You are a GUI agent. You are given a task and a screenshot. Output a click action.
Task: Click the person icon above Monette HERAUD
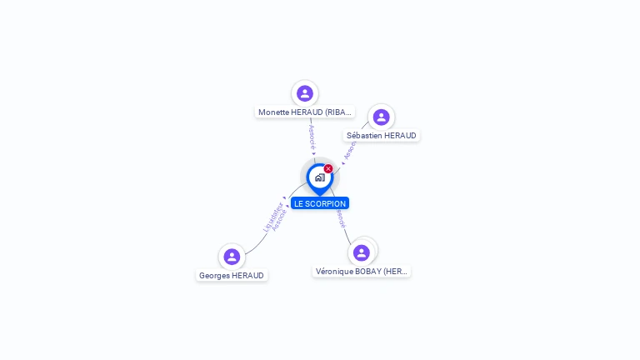tap(305, 93)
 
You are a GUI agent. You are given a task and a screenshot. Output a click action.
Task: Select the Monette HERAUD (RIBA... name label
tap(305, 112)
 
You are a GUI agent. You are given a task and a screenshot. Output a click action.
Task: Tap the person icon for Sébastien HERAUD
tap(381, 117)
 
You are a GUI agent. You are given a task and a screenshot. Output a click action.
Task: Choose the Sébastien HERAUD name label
tap(381, 136)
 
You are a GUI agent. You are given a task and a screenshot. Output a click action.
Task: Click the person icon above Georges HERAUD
tap(232, 257)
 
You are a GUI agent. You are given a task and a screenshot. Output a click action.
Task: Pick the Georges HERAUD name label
tap(232, 276)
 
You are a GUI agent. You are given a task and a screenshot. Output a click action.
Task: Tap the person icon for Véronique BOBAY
tap(362, 252)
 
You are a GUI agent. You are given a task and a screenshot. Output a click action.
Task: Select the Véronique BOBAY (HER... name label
tap(362, 272)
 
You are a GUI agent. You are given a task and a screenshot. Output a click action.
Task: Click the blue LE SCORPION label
tap(320, 203)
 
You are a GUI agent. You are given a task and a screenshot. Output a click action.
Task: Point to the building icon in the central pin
tap(319, 177)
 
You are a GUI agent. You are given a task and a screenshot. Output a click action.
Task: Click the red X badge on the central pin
tap(328, 169)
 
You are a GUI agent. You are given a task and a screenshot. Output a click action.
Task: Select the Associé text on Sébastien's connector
tap(350, 148)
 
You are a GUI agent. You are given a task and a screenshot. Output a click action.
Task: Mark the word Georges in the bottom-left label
tap(214, 276)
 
